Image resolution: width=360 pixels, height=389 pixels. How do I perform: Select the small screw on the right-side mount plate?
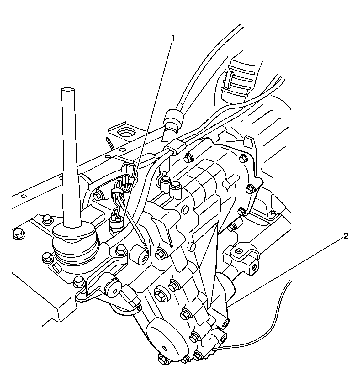pyautogui.click(x=273, y=213)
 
